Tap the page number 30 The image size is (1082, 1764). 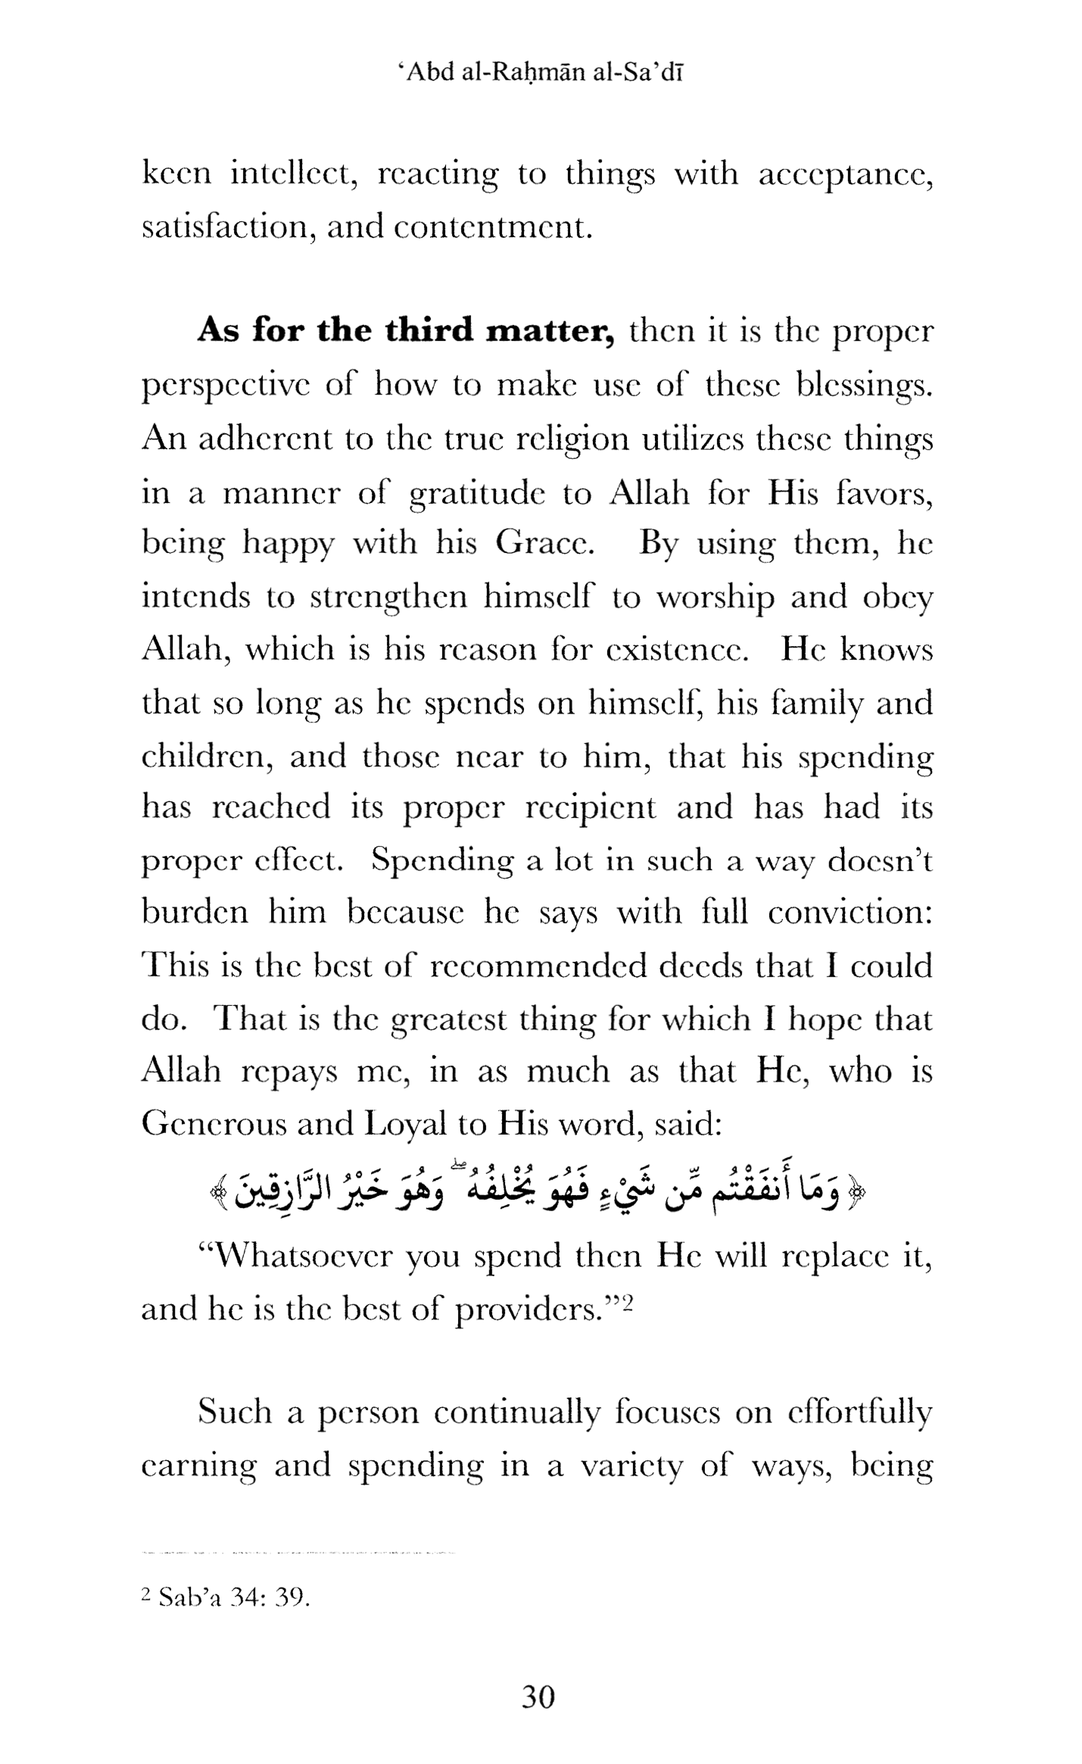538,1697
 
